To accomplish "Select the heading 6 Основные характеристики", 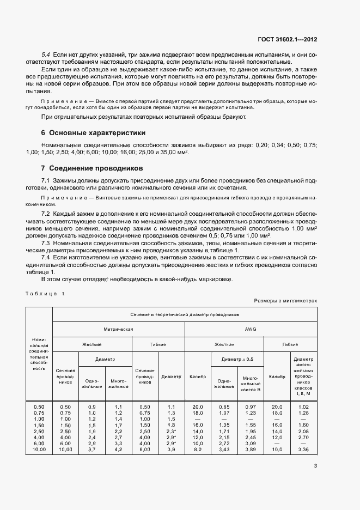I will [93, 133].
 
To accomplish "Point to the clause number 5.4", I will [46, 56].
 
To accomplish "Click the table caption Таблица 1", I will [45, 294].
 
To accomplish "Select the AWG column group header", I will [251, 330].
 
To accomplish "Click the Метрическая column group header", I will [119, 330].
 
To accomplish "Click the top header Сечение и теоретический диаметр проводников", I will [184, 315].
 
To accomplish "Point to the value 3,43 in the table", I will [224, 449].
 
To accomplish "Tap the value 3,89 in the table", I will [250, 449].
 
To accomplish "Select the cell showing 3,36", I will [303, 449].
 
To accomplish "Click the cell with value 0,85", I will [224, 407].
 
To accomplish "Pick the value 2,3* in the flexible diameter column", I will [172, 431].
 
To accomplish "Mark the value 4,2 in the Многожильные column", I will [118, 449].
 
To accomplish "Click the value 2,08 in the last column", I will [303, 431].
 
